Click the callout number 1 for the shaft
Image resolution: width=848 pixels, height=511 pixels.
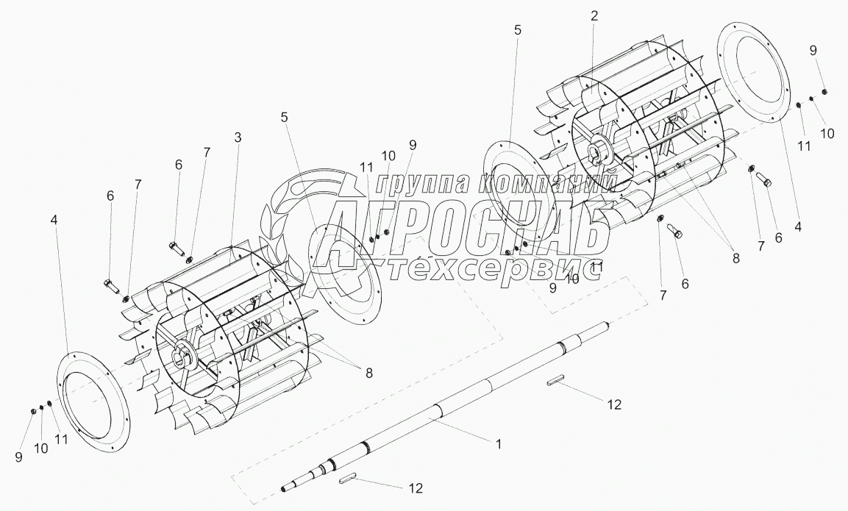pyautogui.click(x=499, y=444)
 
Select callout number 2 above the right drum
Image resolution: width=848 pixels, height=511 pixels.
pyautogui.click(x=594, y=15)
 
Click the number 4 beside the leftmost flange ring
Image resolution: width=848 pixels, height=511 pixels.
pyautogui.click(x=54, y=220)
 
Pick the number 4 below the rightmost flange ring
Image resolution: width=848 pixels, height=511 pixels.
pyautogui.click(x=798, y=226)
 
